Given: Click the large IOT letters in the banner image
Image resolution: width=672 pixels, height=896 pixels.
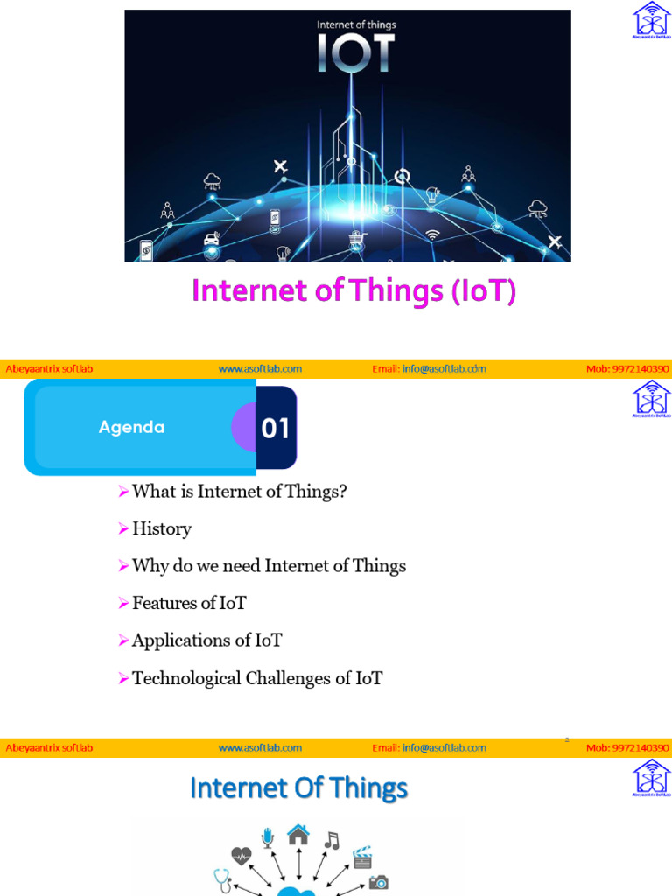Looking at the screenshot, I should click(355, 53).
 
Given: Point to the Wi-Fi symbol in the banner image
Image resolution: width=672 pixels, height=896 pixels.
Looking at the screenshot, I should click(432, 234).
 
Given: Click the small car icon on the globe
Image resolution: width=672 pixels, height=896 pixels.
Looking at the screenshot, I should click(212, 238).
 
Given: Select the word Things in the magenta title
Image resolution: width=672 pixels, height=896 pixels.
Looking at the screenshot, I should click(402, 291).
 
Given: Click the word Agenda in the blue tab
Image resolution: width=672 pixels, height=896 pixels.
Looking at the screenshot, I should click(131, 428).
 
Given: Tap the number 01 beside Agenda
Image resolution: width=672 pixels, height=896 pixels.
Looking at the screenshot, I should click(276, 429).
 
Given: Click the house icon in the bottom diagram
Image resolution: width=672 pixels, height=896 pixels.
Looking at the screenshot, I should click(298, 836).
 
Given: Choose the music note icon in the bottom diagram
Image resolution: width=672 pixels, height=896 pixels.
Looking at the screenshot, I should click(331, 841).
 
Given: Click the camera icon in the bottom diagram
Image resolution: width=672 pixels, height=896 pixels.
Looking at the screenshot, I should click(379, 883).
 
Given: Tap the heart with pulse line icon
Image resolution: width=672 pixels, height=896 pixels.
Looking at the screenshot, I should click(241, 856).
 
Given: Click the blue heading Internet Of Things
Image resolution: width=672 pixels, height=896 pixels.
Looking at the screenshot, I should click(298, 788).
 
